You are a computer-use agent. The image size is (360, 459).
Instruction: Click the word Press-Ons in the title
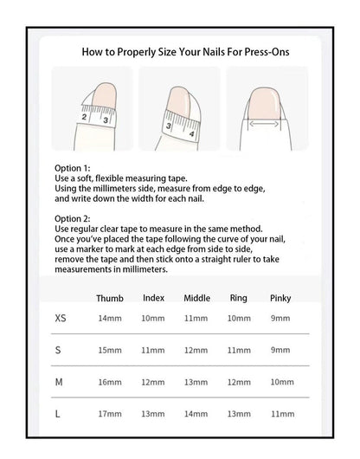pyautogui.click(x=267, y=52)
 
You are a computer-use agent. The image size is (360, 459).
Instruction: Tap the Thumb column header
pyautogui.click(x=110, y=298)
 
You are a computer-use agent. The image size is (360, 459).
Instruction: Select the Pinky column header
pyautogui.click(x=280, y=298)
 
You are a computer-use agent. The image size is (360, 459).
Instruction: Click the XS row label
pyautogui.click(x=61, y=318)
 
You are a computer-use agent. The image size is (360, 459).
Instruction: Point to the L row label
pyautogui.click(x=58, y=414)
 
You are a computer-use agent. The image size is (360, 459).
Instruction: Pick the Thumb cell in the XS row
pyautogui.click(x=110, y=318)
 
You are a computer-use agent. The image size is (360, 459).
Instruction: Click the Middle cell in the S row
pyautogui.click(x=196, y=350)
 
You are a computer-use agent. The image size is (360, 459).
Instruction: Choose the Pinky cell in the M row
pyautogui.click(x=282, y=382)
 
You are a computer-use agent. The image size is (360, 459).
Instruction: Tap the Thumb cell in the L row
pyautogui.click(x=110, y=414)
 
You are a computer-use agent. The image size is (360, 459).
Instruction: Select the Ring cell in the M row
pyautogui.click(x=239, y=382)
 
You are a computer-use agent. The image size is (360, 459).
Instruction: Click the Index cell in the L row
pyautogui.click(x=152, y=414)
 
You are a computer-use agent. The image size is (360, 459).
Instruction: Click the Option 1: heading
pyautogui.click(x=72, y=168)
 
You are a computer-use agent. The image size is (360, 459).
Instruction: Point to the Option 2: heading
pyautogui.click(x=72, y=218)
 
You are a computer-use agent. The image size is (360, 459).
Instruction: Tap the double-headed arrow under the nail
pyautogui.click(x=263, y=124)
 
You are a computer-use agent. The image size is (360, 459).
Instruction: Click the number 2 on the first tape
pyautogui.click(x=84, y=117)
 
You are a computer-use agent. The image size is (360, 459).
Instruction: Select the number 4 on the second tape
pyautogui.click(x=191, y=134)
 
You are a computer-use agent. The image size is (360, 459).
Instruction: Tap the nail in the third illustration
pyautogui.click(x=263, y=104)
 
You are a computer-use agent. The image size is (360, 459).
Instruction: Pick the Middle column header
pyautogui.click(x=196, y=298)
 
